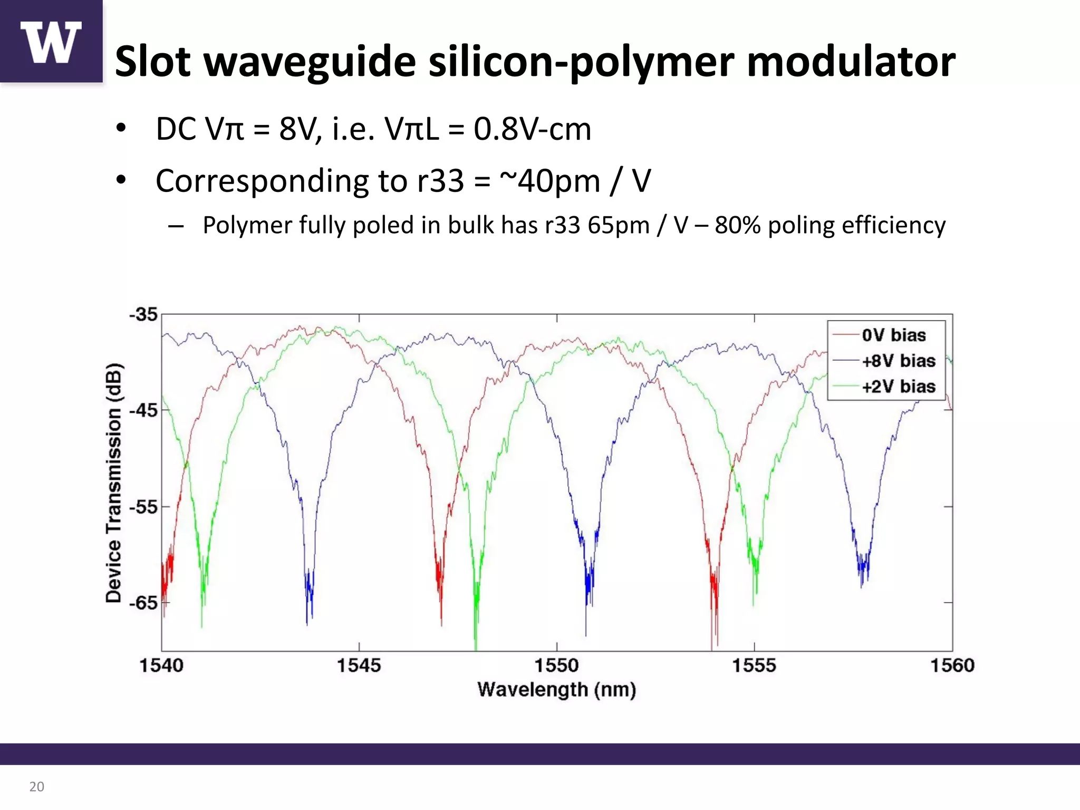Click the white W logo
coord(51,42)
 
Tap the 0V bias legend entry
coord(893,335)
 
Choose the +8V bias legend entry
coord(898,361)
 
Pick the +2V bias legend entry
coord(898,387)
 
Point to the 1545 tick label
coord(359,666)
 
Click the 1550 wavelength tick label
coord(556,666)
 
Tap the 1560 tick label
coord(952,666)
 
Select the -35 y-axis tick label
coord(143,315)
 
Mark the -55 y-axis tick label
coord(143,507)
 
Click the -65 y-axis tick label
coord(143,603)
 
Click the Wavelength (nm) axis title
coord(556,690)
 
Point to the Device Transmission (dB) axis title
coord(114,483)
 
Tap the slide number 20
coord(36,787)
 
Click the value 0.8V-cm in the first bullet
coord(532,129)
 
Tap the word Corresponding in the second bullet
coord(262,181)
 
